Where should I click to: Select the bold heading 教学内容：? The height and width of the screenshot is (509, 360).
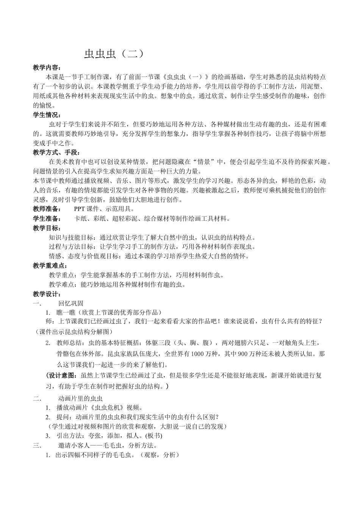[47, 68]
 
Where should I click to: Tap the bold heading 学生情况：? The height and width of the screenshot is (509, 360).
[47, 115]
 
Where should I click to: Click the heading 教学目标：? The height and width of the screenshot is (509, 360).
[47, 228]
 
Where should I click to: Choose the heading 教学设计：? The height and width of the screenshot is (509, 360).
[47, 294]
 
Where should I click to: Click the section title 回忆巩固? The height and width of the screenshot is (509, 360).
[71, 303]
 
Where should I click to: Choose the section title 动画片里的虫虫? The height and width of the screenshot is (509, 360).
[80, 398]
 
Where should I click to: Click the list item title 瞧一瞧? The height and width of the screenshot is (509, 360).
[63, 313]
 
